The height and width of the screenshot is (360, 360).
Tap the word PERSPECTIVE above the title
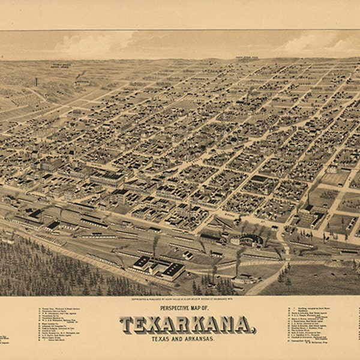point(170,308)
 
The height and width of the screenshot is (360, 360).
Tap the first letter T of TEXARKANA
point(127,325)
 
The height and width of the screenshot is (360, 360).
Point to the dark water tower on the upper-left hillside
point(37,82)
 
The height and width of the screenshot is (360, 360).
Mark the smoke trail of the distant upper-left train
point(79,76)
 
